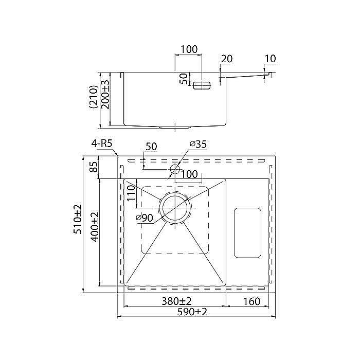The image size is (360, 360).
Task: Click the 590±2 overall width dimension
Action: tap(192, 312)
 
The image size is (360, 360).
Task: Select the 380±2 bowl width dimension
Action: tap(176, 301)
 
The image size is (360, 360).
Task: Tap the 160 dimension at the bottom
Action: tap(251, 301)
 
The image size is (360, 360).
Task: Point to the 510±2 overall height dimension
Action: tap(77, 219)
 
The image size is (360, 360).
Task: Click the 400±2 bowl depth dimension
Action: tap(94, 227)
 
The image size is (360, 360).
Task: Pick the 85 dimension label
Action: tap(94, 167)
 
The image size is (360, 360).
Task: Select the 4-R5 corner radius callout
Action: tap(102, 143)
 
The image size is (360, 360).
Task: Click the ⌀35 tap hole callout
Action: tap(198, 144)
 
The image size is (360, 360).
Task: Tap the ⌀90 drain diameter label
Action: tap(144, 218)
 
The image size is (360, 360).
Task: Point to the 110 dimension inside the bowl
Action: tap(131, 193)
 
